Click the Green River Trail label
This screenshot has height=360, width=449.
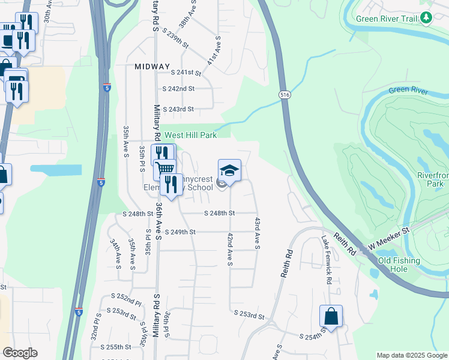point(386,19)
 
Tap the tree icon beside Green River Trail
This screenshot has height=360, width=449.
point(427,19)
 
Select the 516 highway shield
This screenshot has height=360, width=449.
point(285,95)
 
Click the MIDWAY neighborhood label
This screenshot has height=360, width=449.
point(152,67)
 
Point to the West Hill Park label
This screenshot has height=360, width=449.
point(191,136)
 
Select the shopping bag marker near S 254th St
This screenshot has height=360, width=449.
point(331,315)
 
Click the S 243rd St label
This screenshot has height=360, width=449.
point(179,109)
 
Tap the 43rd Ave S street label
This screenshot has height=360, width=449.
point(258,233)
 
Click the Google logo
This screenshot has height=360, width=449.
point(20,353)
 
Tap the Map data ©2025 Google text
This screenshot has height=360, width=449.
point(411,355)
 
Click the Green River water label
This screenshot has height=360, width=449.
point(408,91)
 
